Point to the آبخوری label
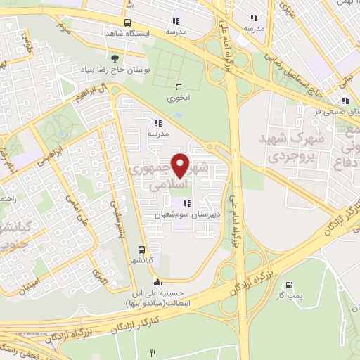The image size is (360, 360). point(179,98)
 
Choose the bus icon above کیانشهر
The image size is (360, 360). point(143,250)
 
